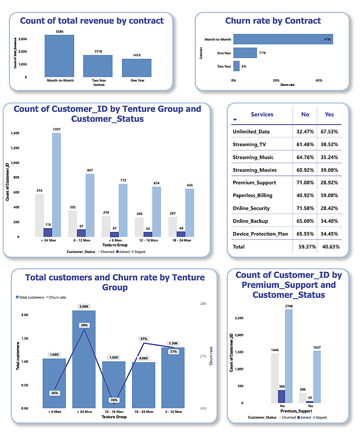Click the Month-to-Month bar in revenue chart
59,56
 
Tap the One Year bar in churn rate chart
245,53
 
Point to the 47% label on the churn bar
327,40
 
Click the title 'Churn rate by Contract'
273,21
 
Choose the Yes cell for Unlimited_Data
329,132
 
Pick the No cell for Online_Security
305,208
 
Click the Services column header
262,115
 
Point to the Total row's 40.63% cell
329,247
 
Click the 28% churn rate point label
84,325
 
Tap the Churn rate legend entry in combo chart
57,297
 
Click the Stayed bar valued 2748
289,356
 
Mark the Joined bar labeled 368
282,396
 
